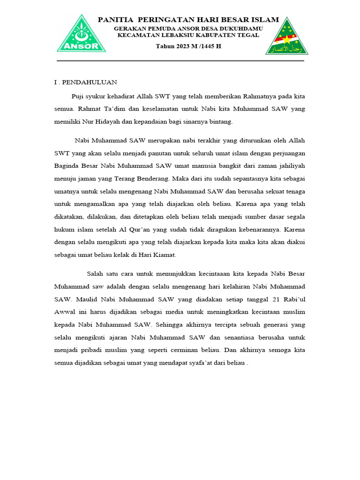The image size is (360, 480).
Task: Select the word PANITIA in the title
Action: (x=114, y=20)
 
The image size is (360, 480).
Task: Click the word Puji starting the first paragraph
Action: (x=78, y=97)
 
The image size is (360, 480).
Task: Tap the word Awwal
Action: (x=65, y=312)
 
